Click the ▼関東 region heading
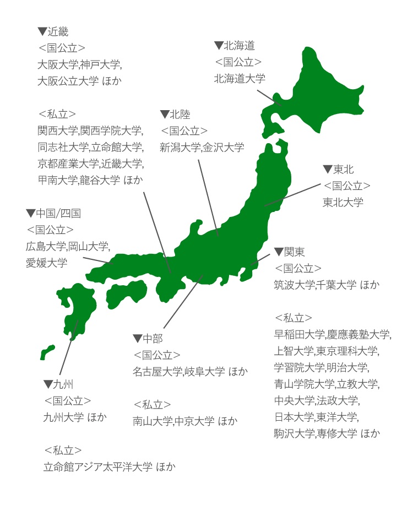coord(289,252)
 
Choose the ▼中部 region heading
coord(148,338)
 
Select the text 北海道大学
coord(240,79)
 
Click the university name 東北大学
coord(343,203)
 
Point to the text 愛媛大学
coord(46,263)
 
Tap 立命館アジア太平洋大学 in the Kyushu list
coord(97,467)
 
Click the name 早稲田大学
coord(299,334)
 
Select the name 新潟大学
coord(180,147)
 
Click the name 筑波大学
coord(294,285)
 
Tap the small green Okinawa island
coord(47,352)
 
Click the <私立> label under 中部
coord(152,404)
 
